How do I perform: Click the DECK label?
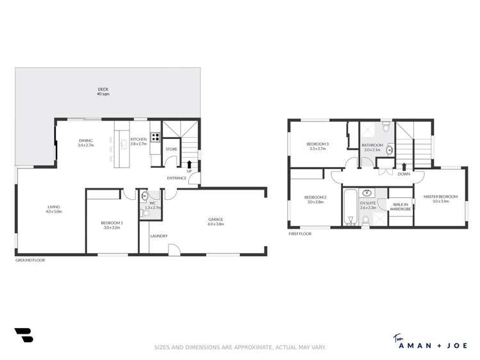(103, 89)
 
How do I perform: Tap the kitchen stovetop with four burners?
(155, 137)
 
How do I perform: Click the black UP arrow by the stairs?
(189, 165)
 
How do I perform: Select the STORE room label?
(171, 149)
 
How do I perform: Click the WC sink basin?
(145, 196)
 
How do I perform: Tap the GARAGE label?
(215, 219)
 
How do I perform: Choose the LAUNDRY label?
(158, 236)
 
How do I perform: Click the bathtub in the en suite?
(350, 206)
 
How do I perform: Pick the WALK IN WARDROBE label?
(401, 207)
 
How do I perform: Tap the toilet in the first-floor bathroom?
(385, 128)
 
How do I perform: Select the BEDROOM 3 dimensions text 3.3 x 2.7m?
(318, 149)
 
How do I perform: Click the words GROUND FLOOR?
(29, 260)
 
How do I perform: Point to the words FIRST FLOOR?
(300, 234)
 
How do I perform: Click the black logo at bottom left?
(23, 335)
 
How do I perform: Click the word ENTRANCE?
(176, 178)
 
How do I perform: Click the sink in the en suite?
(367, 193)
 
